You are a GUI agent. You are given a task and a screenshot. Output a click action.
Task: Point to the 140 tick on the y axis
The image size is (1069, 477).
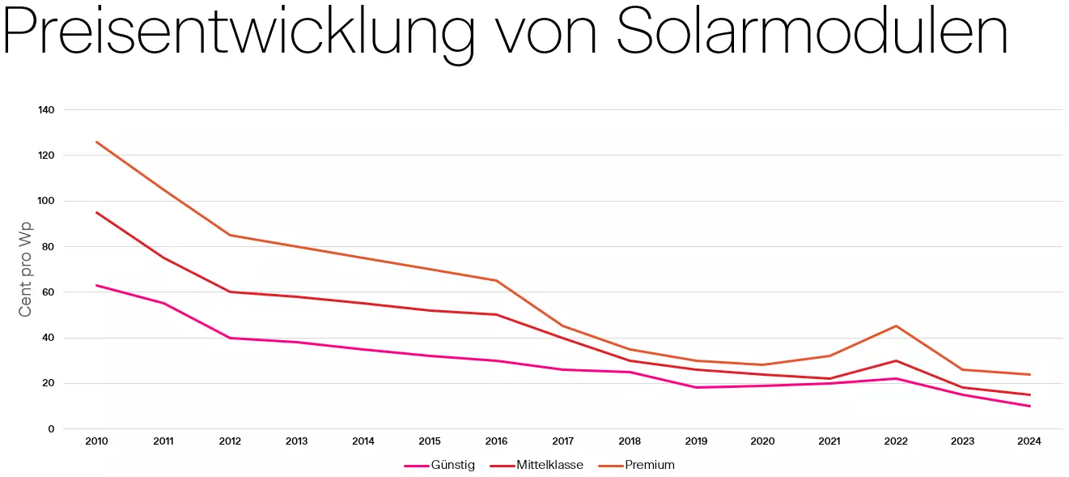pos(46,109)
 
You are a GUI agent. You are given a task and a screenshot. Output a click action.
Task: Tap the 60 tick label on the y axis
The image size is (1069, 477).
pos(49,292)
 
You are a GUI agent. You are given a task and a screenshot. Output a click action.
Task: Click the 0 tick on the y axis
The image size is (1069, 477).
pos(51,429)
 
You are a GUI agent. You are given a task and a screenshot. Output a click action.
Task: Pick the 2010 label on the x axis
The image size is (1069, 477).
pos(96,441)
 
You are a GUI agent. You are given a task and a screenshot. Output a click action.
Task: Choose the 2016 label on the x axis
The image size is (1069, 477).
pos(496,441)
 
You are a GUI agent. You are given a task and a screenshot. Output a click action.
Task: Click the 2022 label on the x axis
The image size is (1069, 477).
pos(896,441)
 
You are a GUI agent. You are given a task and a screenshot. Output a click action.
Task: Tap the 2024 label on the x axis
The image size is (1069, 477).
pos(1029,441)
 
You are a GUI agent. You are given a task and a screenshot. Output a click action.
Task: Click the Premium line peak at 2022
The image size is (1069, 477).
pos(896,326)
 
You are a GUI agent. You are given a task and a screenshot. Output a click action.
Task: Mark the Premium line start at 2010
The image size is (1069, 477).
pos(96,142)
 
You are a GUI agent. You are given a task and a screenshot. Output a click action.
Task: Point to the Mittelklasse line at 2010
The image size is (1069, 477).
pos(96,212)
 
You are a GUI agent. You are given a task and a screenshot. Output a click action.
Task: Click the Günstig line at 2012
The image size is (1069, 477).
pos(230,338)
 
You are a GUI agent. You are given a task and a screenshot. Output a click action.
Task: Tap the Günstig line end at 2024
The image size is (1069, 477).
pos(1029,406)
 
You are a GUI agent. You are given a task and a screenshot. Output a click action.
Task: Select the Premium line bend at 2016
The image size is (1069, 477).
pos(496,280)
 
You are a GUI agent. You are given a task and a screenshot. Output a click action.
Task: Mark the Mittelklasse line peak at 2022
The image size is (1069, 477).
pos(896,360)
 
